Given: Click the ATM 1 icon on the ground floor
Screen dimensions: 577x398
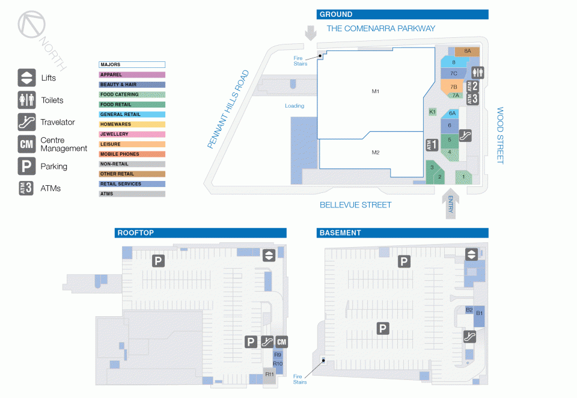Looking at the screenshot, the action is click(x=432, y=145).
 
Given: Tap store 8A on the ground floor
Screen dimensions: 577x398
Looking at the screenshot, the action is click(x=467, y=51).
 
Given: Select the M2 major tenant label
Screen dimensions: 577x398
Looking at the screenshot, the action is click(x=375, y=153).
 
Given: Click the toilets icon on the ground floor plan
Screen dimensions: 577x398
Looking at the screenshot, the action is click(x=478, y=73).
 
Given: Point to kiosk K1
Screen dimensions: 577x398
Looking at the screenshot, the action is click(x=432, y=112).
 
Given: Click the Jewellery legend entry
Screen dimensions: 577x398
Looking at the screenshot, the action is click(x=132, y=135).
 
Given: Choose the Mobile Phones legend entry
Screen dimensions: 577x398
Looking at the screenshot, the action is click(x=132, y=155).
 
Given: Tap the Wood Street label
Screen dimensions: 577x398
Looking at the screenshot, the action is click(x=499, y=135).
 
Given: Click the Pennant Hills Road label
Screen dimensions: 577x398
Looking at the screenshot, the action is click(x=228, y=109).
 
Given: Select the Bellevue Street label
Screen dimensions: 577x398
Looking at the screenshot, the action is click(x=355, y=205).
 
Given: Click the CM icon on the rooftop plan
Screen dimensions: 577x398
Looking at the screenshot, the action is click(x=281, y=341).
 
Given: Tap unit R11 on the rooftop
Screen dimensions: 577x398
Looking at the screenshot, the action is click(x=269, y=375).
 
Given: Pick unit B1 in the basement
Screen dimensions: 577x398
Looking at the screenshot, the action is click(x=479, y=316).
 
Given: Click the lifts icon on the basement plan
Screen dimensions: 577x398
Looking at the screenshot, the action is click(x=471, y=254).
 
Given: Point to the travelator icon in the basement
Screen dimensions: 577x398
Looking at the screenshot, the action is click(x=469, y=337).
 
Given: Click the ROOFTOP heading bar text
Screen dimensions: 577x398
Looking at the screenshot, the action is click(x=135, y=233).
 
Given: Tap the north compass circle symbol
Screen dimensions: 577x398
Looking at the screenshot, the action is click(x=32, y=24).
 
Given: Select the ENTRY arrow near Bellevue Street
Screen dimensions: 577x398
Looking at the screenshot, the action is click(x=450, y=204).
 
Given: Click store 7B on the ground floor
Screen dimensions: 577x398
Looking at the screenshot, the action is click(x=453, y=87).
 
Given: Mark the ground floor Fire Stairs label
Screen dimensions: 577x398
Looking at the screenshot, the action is click(x=301, y=61).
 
